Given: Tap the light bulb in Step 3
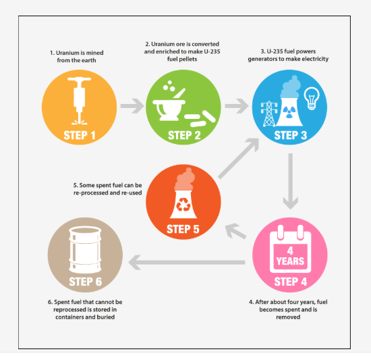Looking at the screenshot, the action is coord(312,99).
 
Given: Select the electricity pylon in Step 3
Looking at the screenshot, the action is coord(269,113).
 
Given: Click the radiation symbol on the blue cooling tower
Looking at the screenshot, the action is coord(289,112).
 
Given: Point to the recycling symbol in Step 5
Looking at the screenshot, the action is coord(183,205).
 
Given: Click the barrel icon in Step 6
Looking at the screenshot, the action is coord(85,250).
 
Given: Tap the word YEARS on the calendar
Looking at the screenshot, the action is coord(290,261).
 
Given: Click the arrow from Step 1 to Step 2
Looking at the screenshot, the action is coord(132,106).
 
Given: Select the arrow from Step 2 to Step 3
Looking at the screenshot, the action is coord(236,106).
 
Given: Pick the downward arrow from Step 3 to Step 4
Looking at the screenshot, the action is coord(291,181).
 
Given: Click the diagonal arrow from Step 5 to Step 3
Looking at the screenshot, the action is coord(239,158).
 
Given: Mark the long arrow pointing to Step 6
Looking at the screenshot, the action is coord(187,263).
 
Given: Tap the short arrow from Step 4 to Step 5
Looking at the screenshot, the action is coord(235,231).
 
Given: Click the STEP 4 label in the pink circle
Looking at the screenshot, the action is coord(290,282).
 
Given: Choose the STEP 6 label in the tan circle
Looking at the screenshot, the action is coord(86,282).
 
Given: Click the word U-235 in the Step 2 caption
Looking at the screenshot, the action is coord(212,51).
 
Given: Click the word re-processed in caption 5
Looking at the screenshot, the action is coord(90,192).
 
